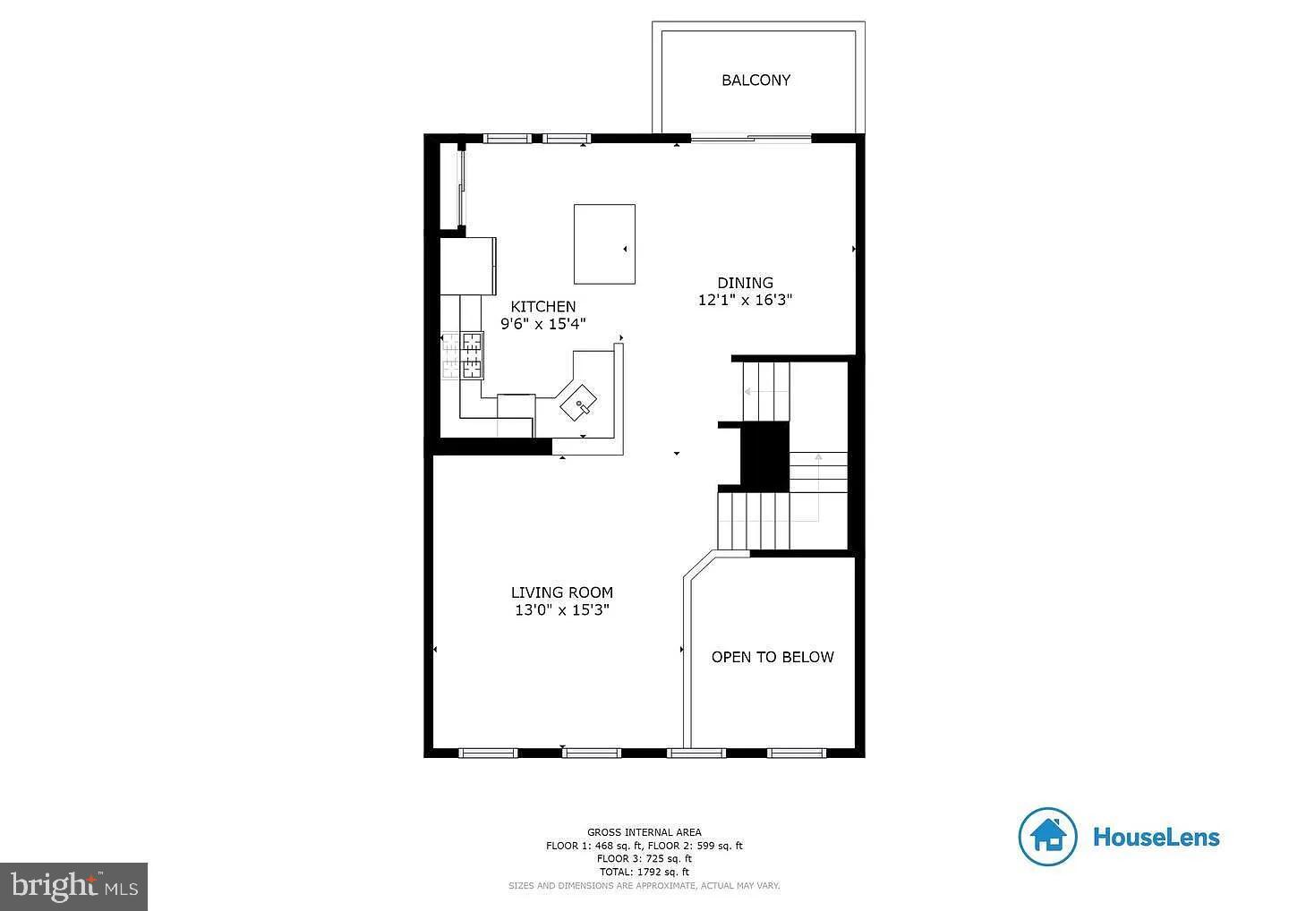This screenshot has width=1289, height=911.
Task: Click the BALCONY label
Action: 755,81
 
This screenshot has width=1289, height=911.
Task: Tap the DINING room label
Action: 745,283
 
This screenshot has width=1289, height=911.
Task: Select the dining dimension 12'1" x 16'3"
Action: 745,301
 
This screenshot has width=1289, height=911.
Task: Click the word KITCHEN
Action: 542,306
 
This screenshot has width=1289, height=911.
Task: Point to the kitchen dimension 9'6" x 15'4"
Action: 542,324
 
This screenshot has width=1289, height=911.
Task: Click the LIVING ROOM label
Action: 561,592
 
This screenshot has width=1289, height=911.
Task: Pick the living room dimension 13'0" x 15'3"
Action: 561,610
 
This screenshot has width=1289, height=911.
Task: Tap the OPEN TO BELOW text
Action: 772,657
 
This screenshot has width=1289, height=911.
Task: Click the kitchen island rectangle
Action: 604,243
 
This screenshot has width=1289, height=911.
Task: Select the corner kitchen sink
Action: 579,404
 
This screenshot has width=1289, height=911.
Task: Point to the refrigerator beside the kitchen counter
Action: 467,265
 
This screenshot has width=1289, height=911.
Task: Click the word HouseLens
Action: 1156,838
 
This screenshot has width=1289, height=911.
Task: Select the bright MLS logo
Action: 73,886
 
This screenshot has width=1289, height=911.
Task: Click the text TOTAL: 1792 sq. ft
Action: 644,872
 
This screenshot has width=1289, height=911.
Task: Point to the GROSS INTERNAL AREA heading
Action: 644,832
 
